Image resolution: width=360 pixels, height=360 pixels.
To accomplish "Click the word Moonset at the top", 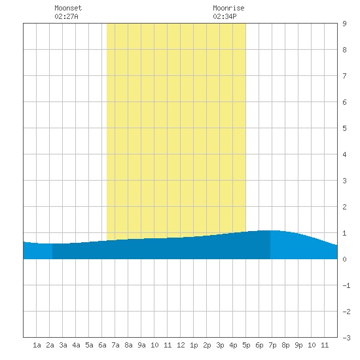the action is point(68,8).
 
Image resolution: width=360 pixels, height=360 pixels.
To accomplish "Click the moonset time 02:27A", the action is point(66,16).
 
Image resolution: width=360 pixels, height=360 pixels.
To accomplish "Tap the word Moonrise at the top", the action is point(228,8).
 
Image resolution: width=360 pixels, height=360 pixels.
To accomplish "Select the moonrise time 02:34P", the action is point(225,16).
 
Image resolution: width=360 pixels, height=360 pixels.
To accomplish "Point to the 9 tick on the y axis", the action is point(344,24).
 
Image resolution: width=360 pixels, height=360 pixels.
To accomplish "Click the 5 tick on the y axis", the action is point(344,128).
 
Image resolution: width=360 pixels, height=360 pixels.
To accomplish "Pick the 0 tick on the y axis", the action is point(344,259).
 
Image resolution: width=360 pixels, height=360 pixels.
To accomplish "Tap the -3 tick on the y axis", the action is point(346,338).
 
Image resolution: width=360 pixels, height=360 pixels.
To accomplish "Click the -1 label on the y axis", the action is point(346,285).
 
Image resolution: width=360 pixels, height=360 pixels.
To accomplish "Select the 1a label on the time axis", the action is point(37,345).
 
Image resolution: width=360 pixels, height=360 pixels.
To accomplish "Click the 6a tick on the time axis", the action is point(102,345).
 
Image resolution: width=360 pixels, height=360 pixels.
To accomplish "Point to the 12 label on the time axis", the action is point(181,345).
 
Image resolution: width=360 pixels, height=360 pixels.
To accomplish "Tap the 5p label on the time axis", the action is point(246,345).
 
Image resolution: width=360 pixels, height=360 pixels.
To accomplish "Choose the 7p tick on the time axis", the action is point(272,345).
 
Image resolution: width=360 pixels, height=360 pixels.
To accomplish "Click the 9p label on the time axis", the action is point(298,345).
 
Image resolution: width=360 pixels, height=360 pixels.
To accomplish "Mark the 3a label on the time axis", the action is point(63,345).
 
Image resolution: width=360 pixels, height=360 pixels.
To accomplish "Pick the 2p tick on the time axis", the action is point(207,345).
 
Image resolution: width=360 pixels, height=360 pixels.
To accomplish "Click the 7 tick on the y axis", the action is point(344,76).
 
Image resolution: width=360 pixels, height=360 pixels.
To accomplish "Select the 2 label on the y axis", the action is point(344,207).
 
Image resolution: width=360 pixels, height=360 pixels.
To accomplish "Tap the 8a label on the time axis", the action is point(128,345).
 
